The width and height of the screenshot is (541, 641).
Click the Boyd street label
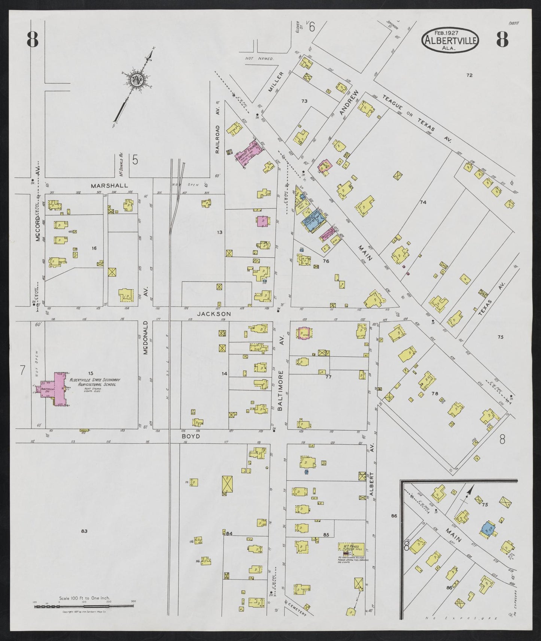click(191, 436)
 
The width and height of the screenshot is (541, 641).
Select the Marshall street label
click(109, 185)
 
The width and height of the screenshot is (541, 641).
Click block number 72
click(469, 75)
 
